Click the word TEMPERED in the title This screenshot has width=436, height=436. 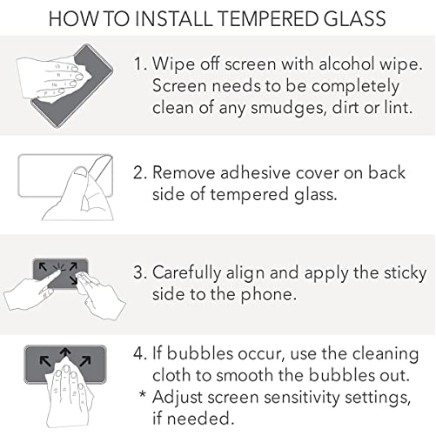pyautogui.click(x=268, y=18)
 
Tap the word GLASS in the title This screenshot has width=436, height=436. pyautogui.click(x=354, y=18)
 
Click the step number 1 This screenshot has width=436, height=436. pyautogui.click(x=139, y=64)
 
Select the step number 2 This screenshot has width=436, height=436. pyautogui.click(x=140, y=172)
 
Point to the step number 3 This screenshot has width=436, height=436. pyautogui.click(x=140, y=272)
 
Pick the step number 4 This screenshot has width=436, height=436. pyautogui.click(x=140, y=353)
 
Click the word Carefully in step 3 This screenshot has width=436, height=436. pyautogui.click(x=187, y=273)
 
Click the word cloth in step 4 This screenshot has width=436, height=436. pyautogui.click(x=171, y=375)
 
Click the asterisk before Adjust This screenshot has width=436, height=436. pyautogui.click(x=142, y=394)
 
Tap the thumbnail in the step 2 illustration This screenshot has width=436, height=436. pyautogui.click(x=80, y=173)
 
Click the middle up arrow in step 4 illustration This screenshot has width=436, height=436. pyautogui.click(x=65, y=354)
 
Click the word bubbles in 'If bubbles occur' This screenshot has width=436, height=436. pyautogui.click(x=200, y=353)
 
